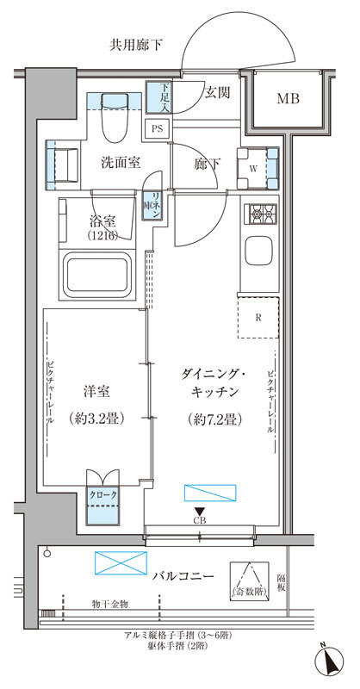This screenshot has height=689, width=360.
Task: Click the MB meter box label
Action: (x=288, y=99)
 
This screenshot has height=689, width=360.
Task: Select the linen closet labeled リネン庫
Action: (x=153, y=206)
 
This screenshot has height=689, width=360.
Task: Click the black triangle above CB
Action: (x=200, y=512)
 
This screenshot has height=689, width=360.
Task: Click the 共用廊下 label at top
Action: (x=137, y=45)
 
